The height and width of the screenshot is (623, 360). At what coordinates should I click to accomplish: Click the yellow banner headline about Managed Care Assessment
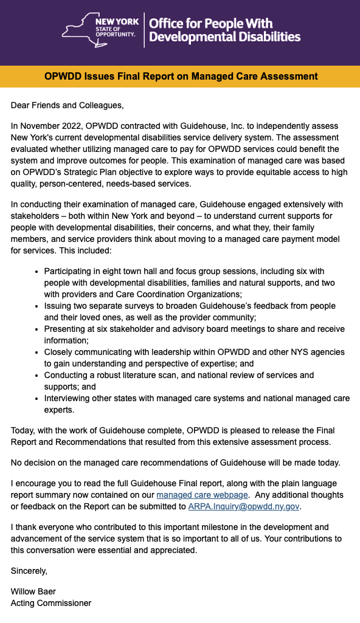(x=181, y=77)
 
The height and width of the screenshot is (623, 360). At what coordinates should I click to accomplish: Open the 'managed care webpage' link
(x=202, y=495)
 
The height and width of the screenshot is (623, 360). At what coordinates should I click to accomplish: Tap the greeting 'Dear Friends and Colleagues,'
(x=67, y=105)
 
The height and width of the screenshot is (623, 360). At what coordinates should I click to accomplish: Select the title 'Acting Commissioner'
(x=51, y=603)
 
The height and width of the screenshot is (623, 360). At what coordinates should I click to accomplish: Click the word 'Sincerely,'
(x=29, y=571)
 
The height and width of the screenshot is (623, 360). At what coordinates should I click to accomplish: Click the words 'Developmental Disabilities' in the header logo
(x=225, y=37)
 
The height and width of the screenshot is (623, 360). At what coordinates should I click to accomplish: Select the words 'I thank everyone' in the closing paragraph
(x=43, y=527)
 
